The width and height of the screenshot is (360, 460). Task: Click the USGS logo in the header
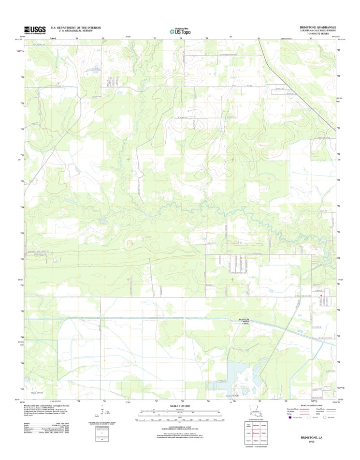[35, 30]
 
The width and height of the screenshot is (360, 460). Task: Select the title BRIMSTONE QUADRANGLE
[317, 27]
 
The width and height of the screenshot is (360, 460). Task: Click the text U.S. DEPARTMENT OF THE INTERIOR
[75, 28]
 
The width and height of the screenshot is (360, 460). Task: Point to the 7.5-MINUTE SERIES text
[319, 33]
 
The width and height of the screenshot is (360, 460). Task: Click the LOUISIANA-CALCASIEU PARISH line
[317, 30]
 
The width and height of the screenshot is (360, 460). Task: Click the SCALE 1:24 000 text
[179, 406]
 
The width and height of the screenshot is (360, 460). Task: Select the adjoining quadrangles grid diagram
[255, 434]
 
